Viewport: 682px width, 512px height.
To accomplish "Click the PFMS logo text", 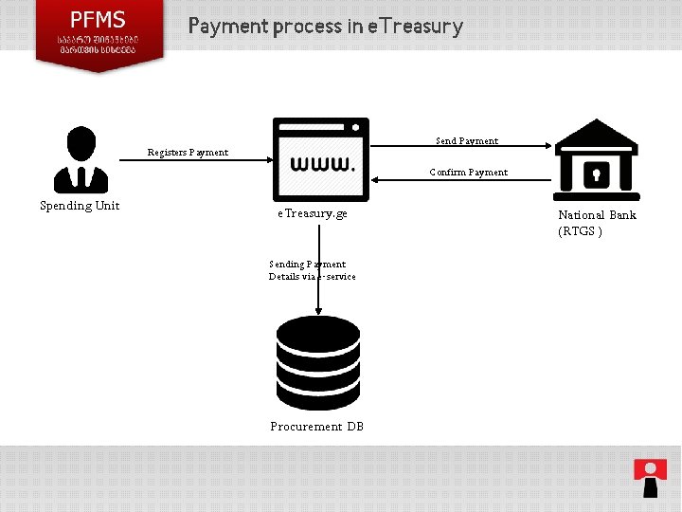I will [x=99, y=20].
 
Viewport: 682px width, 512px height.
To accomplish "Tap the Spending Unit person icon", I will [x=81, y=159].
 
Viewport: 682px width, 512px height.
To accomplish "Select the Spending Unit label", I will [x=80, y=206].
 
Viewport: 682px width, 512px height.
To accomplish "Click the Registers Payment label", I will [x=188, y=153].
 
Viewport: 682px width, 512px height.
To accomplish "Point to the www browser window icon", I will [x=321, y=159].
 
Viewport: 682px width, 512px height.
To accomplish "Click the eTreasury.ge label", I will [x=313, y=214].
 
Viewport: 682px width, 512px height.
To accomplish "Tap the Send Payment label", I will [x=467, y=141].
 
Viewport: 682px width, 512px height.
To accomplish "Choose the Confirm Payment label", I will [x=468, y=173].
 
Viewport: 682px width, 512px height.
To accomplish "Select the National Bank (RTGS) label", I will [x=597, y=223].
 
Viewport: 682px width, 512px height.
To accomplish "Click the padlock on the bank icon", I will [x=596, y=174].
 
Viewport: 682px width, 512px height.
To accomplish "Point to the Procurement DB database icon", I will [x=318, y=363].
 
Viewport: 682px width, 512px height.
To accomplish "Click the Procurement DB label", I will [x=317, y=427].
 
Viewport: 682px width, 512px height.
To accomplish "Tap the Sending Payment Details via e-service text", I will [x=313, y=270].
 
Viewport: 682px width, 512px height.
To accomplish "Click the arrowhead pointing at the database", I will [x=318, y=310].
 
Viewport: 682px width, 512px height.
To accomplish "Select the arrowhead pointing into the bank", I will [x=547, y=146].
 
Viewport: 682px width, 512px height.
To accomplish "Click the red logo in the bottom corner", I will [x=650, y=477].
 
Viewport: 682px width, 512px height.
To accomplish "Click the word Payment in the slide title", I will [x=227, y=26].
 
